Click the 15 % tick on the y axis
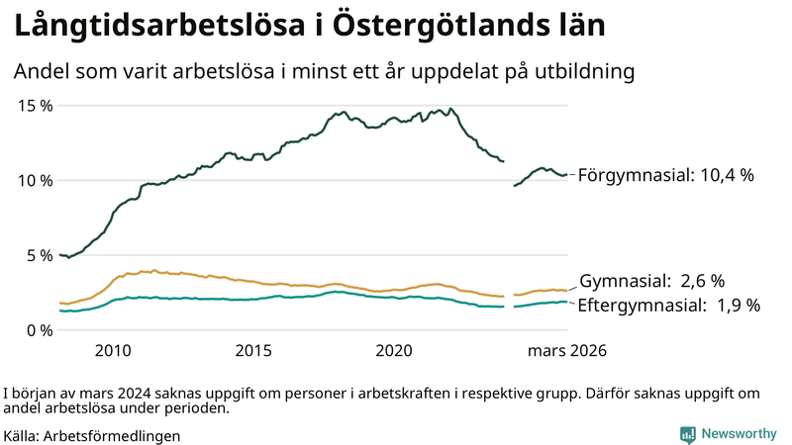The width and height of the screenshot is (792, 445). coord(34,105)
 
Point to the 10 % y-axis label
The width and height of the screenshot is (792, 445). coord(34,180)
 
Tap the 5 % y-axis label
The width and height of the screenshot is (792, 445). coord(38,255)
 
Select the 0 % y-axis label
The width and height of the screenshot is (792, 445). coord(38,330)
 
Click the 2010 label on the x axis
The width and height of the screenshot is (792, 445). coord(113,351)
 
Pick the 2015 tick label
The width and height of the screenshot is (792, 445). coord(253,351)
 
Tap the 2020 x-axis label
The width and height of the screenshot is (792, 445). coord(394,351)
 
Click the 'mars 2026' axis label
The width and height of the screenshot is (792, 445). coord(566,351)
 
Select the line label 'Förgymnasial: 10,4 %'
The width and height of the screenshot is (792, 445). coord(665,175)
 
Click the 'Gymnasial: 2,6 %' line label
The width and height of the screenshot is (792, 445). coord(651,282)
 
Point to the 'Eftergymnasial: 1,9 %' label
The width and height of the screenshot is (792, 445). coord(668,306)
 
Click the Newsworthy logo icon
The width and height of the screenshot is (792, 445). coord(687,433)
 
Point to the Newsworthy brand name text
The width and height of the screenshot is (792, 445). coord(739,433)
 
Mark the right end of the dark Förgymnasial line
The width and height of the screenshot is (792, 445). coord(565,175)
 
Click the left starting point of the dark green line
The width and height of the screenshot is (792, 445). coord(60,255)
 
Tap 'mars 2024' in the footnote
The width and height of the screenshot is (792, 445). coord(92,392)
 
